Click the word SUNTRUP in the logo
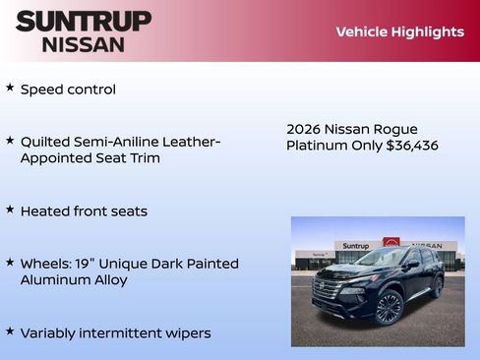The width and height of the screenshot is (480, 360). [84, 21]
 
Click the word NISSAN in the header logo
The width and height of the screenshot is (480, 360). [84, 43]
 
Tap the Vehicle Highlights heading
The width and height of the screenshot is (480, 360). [399, 31]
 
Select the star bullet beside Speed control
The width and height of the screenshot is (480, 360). [10, 89]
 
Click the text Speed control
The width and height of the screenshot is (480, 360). [68, 90]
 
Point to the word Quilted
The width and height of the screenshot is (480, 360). [47, 142]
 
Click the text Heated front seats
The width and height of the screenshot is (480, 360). [84, 211]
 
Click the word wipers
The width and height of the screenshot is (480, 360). [188, 333]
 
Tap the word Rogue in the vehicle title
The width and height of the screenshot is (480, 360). [396, 129]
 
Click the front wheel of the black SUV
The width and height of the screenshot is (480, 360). [389, 307]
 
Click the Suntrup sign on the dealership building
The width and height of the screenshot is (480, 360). [355, 246]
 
